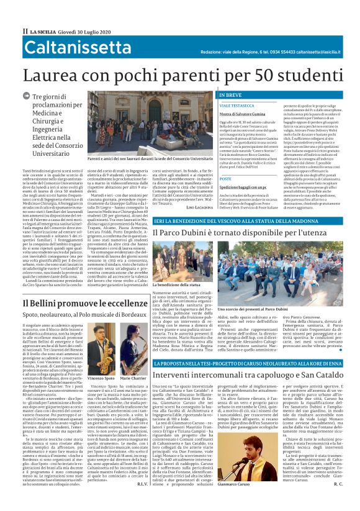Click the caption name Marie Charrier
tap(132, 378)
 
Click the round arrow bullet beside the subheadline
tap(26, 96)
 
